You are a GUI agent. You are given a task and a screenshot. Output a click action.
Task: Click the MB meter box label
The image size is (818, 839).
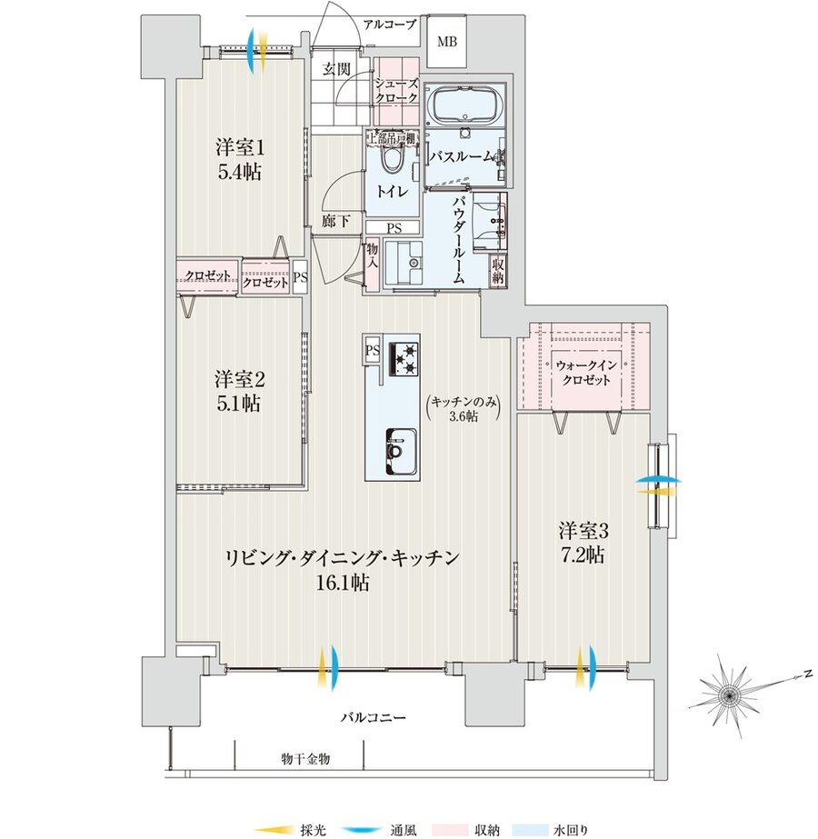click(x=449, y=42)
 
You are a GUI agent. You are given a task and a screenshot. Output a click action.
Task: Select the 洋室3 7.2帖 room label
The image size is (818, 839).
click(x=583, y=541)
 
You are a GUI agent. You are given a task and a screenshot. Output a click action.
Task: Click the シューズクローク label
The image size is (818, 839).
click(x=395, y=89)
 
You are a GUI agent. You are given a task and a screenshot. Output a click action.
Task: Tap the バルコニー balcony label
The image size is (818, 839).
click(x=373, y=717)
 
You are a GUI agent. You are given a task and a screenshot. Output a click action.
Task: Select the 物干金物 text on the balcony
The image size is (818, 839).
click(x=304, y=757)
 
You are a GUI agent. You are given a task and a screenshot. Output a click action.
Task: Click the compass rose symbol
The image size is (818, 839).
click(x=729, y=695)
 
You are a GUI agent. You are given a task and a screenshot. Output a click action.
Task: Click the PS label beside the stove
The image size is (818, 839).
click(x=373, y=350)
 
